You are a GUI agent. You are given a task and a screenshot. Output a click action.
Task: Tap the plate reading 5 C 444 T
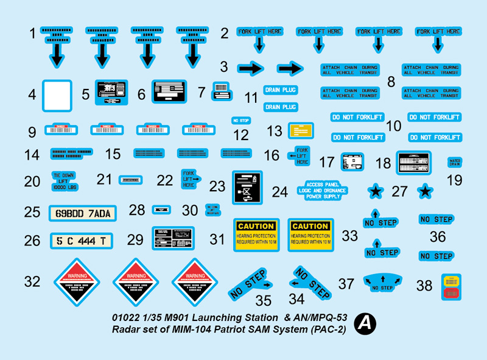80,241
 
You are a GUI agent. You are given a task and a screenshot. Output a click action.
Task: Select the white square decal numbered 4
57,96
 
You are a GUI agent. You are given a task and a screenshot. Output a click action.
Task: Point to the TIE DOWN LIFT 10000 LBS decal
64,181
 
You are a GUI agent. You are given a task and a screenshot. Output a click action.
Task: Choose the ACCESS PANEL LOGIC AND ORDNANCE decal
328,191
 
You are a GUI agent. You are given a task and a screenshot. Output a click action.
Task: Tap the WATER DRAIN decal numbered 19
454,163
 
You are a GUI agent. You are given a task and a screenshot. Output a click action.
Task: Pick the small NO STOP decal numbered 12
242,121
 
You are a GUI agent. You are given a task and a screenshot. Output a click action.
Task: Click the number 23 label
217,186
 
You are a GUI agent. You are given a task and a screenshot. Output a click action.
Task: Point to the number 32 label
32,281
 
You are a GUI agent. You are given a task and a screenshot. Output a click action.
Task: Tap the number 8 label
390,81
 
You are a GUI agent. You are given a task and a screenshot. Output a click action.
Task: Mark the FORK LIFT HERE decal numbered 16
301,155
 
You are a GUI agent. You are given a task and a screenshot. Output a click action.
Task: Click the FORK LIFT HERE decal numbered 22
190,179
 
